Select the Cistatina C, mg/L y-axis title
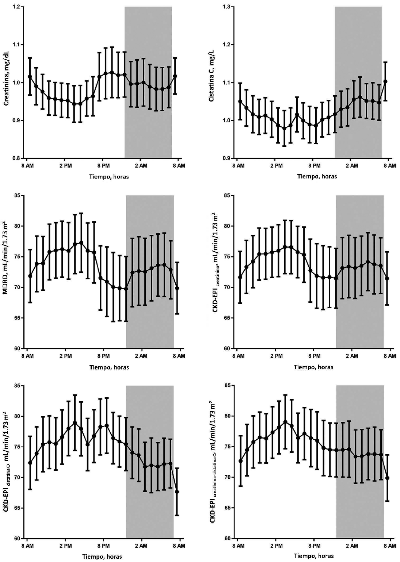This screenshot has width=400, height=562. coord(212,84)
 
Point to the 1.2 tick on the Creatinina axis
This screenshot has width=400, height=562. coord(16,7)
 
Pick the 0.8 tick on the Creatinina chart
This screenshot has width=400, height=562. coord(16,158)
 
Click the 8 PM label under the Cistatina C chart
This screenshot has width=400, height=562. coord(314,166)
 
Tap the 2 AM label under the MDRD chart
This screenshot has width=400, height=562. coord(141,356)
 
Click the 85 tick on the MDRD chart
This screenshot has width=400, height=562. coord(16,196)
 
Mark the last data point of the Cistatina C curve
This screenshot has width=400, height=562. coord(385,81)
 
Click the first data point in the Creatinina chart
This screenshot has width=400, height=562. coord(30,77)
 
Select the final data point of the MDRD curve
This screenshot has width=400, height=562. coord(177,288)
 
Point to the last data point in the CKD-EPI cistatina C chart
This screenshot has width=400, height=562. coord(177,492)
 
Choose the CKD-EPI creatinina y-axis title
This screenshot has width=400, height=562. coord(216,272)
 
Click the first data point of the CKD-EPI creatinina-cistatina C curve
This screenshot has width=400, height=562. coord(241,461)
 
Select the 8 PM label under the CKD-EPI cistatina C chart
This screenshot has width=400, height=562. coord(103,546)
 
